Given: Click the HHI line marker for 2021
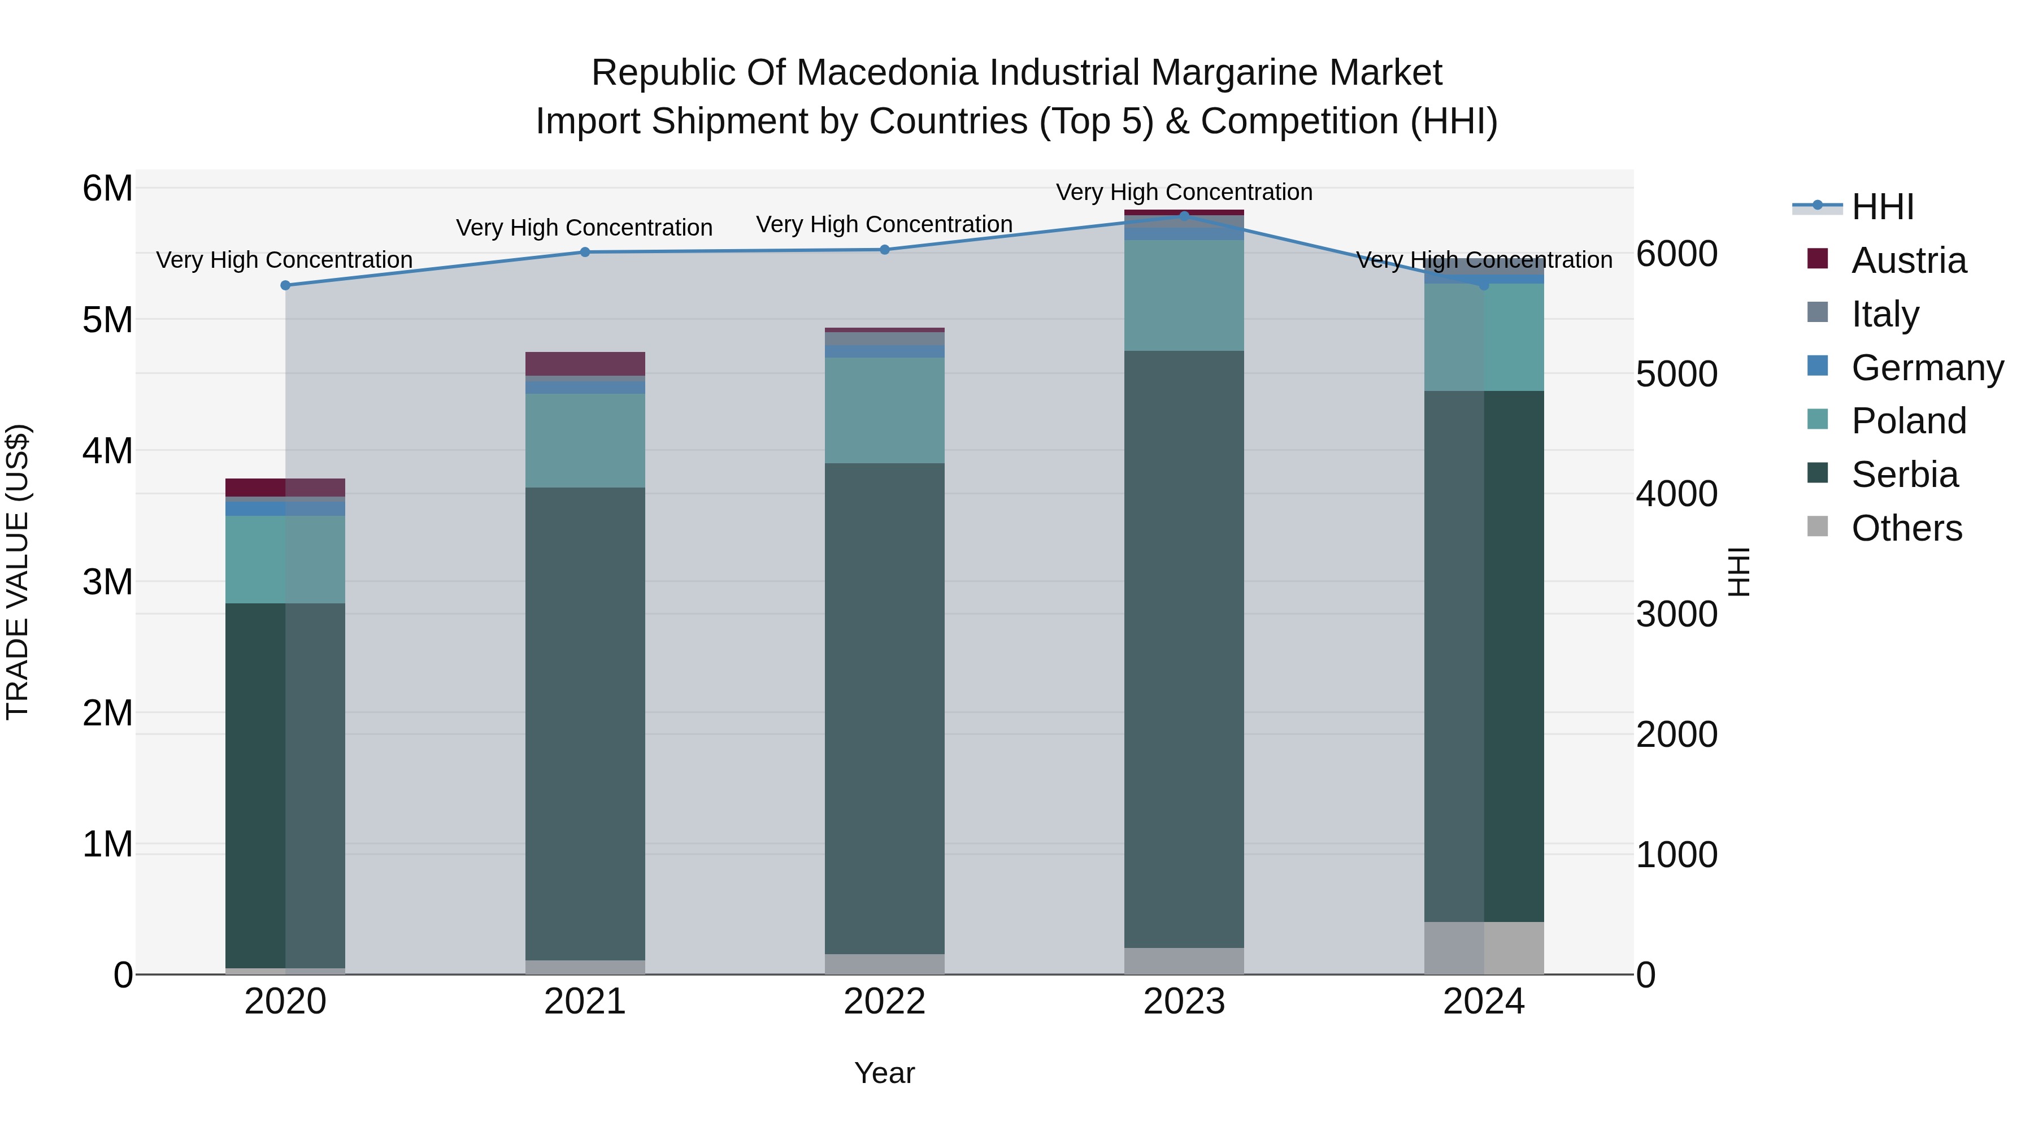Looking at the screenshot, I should pyautogui.click(x=585, y=252).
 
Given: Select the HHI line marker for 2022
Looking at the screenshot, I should pyautogui.click(x=884, y=250).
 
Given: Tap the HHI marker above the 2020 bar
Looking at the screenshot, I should pyautogui.click(x=285, y=285).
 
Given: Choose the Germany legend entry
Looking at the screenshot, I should pyautogui.click(x=1926, y=368).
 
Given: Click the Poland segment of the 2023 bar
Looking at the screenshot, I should pyautogui.click(x=1184, y=295).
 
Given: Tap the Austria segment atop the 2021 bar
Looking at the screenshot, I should pyautogui.click(x=585, y=363).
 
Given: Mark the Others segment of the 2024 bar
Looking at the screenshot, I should pyautogui.click(x=1484, y=947).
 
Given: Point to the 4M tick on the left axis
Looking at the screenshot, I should pyautogui.click(x=107, y=451).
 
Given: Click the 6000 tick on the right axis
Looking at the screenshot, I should pyautogui.click(x=1676, y=254).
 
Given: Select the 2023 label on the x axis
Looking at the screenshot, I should pyautogui.click(x=1184, y=1002).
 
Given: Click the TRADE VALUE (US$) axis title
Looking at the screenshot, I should pyautogui.click(x=18, y=572).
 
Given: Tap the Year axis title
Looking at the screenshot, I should pyautogui.click(x=884, y=1073).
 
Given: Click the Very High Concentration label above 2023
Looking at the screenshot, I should pyautogui.click(x=1184, y=192).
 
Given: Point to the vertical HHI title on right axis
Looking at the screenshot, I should pyautogui.click(x=1739, y=572).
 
